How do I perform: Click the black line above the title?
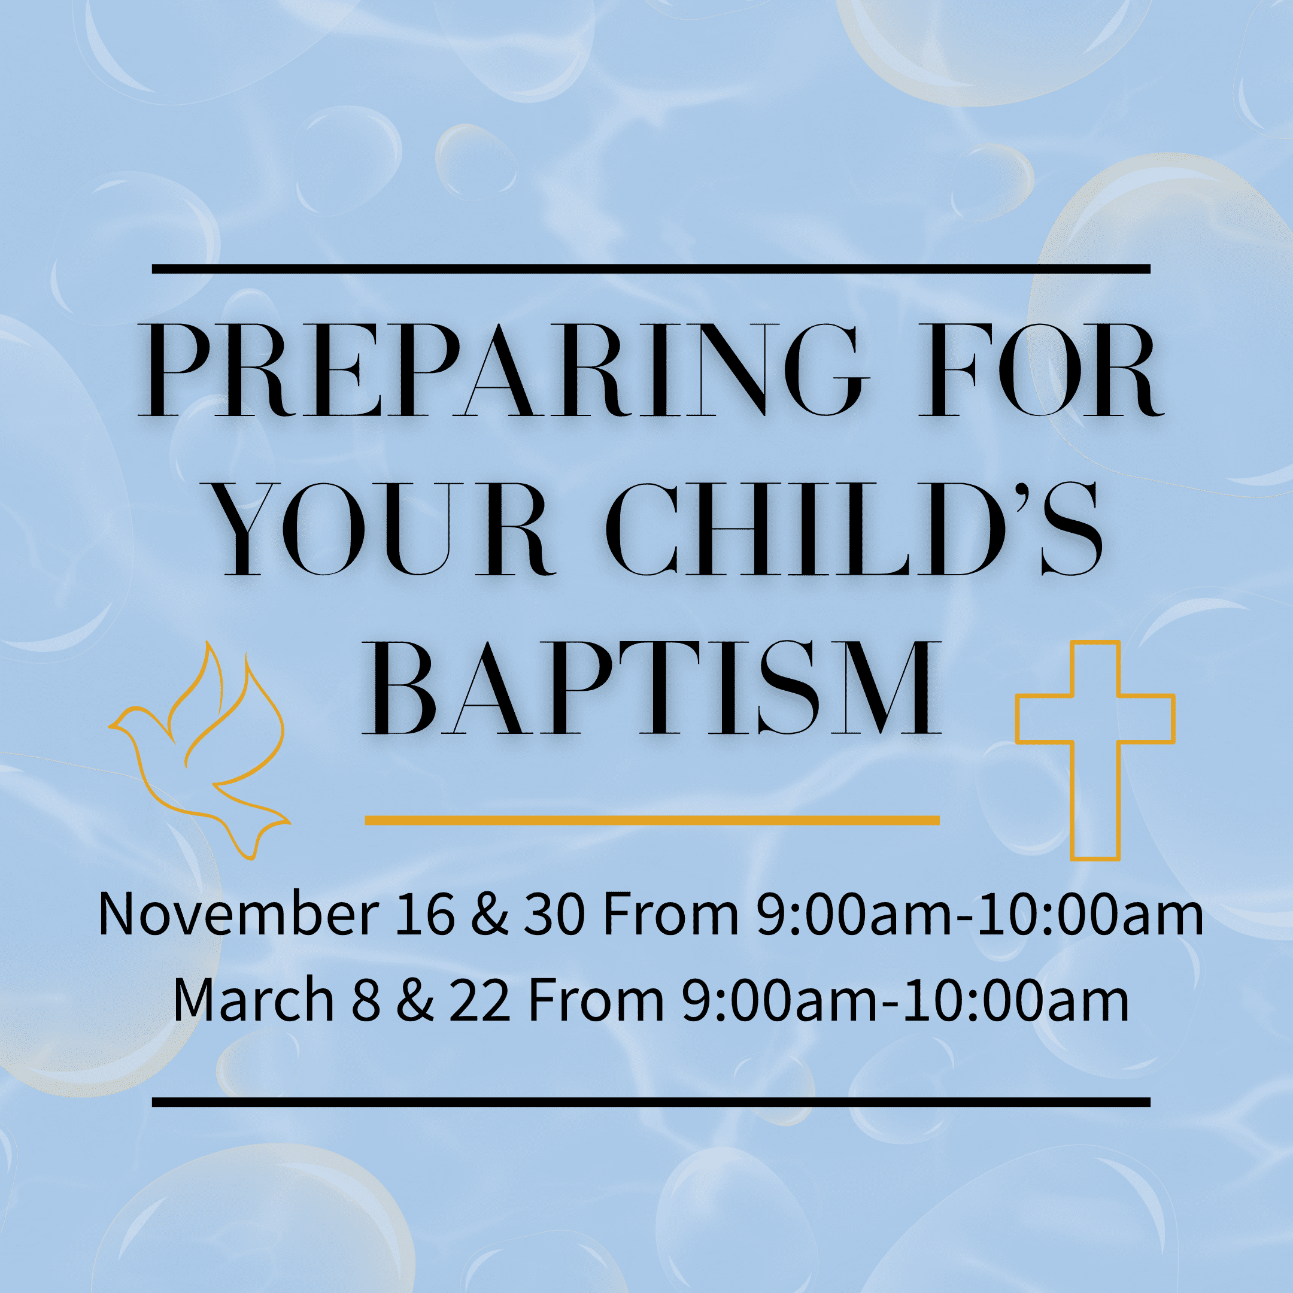tap(651, 269)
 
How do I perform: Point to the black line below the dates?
tap(651, 1102)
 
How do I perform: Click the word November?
tap(238, 914)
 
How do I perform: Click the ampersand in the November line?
tap(489, 914)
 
